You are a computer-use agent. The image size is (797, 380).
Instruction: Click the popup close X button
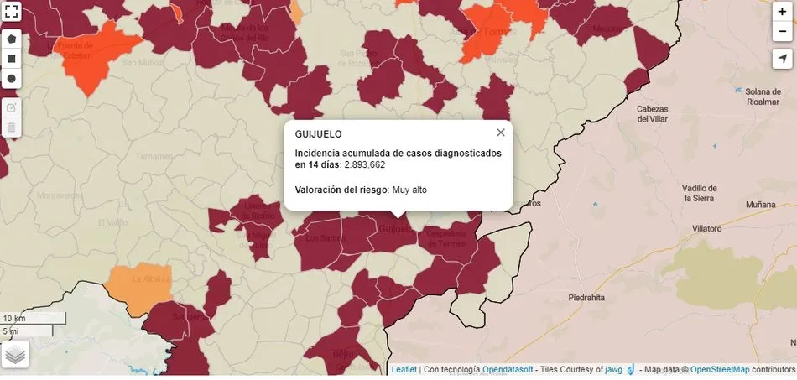(501, 133)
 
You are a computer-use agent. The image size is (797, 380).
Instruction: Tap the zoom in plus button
(782, 12)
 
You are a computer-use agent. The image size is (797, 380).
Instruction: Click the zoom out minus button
(782, 31)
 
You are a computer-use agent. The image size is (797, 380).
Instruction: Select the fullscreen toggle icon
(12, 13)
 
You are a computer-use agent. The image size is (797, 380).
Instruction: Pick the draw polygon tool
(12, 39)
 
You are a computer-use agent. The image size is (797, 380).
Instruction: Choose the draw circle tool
(12, 79)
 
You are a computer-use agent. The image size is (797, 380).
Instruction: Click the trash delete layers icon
(12, 128)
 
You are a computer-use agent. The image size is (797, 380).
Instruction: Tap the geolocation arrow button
(782, 59)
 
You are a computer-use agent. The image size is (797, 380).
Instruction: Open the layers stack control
(15, 354)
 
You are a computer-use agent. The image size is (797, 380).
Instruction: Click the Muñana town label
(760, 204)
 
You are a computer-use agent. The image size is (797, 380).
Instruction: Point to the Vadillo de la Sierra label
(700, 193)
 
